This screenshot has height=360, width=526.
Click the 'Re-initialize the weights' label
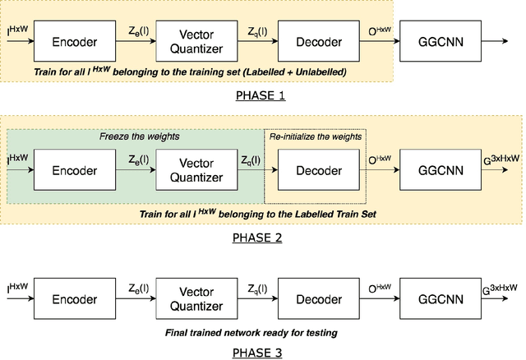click(x=314, y=136)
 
